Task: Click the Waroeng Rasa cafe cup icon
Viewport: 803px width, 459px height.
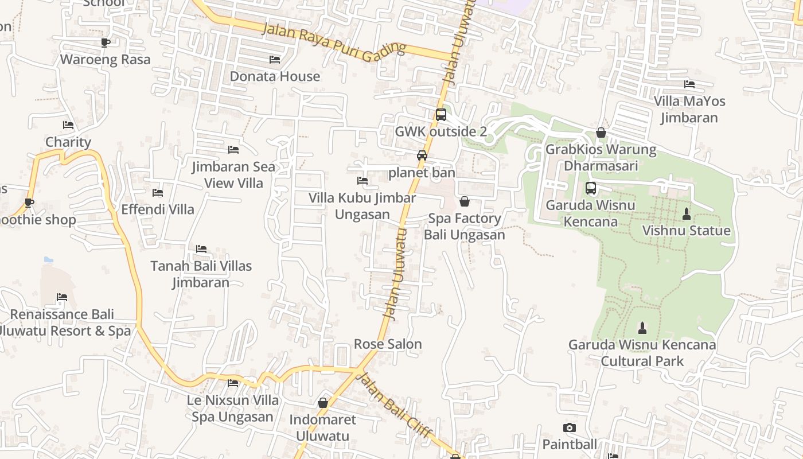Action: click(105, 42)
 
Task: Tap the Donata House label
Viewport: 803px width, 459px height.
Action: click(275, 76)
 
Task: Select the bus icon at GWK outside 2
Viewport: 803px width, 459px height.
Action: click(441, 115)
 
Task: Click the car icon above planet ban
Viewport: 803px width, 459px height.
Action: click(422, 155)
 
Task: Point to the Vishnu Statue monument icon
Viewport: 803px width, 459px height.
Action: click(686, 214)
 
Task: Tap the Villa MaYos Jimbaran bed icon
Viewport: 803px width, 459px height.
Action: click(689, 84)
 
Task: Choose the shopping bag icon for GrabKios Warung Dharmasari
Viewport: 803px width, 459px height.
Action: click(601, 133)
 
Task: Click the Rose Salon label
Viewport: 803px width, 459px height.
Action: click(388, 344)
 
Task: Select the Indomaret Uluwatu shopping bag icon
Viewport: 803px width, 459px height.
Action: click(323, 403)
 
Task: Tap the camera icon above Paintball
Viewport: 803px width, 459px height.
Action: click(569, 427)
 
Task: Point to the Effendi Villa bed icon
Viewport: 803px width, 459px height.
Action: click(158, 193)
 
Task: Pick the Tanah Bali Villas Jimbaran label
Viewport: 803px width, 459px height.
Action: click(201, 274)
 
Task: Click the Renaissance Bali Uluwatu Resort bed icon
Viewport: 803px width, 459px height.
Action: click(62, 297)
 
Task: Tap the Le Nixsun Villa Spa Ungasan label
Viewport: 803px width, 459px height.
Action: click(233, 409)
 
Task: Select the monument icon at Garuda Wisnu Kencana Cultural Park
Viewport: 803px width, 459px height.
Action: click(642, 328)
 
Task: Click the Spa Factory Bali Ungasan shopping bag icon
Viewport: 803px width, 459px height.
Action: click(465, 201)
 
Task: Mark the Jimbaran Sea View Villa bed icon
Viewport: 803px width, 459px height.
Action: click(233, 150)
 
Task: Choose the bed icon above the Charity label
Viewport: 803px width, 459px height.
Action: click(68, 125)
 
